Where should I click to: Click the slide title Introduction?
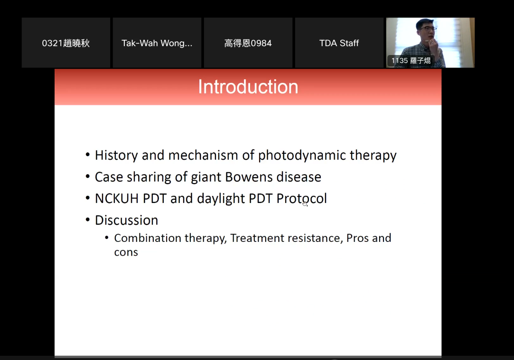click(x=248, y=87)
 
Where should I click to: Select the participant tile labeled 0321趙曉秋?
click(x=66, y=43)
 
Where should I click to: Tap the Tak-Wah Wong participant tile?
click(x=157, y=43)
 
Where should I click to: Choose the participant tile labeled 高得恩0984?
click(x=248, y=43)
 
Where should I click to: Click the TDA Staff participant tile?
click(x=339, y=43)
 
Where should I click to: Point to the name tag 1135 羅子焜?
click(x=411, y=61)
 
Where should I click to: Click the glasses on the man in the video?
click(x=428, y=29)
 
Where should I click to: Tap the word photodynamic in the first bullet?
click(x=301, y=156)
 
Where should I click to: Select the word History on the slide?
click(x=116, y=156)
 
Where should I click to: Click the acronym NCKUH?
click(x=117, y=199)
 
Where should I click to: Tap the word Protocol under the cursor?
click(x=301, y=199)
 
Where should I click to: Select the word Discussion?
click(x=127, y=220)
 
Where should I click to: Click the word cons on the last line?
click(x=126, y=252)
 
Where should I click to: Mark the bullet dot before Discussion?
click(x=87, y=220)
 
